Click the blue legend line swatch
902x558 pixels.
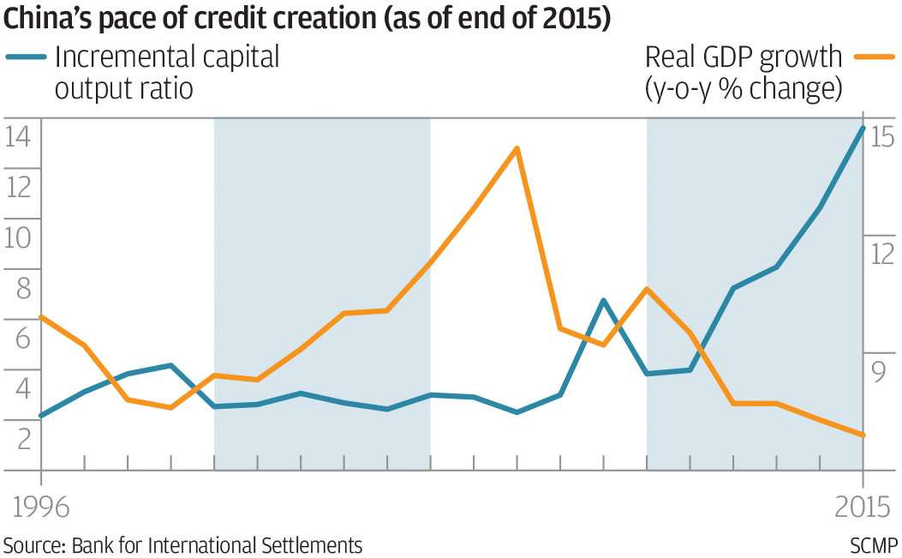click(26, 57)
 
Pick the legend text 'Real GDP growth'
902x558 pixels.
click(744, 57)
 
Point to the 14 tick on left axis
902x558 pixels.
click(18, 135)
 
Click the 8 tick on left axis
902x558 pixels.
click(18, 287)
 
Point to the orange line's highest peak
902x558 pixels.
click(517, 148)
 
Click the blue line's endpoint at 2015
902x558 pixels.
click(863, 128)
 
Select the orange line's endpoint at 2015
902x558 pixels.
click(863, 435)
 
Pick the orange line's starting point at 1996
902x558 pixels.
click(41, 316)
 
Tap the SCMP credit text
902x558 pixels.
click(874, 545)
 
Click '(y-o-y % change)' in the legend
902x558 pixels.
click(744, 88)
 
